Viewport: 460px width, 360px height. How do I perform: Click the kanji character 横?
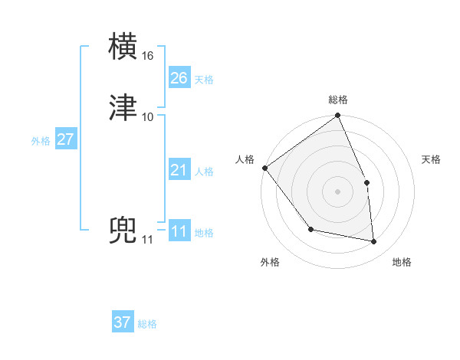(124, 47)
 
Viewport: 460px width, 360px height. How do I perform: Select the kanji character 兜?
(124, 231)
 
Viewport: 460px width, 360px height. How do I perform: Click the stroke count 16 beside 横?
(148, 56)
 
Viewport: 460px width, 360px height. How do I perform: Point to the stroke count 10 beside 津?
(148, 116)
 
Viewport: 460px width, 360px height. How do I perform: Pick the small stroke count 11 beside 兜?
(148, 240)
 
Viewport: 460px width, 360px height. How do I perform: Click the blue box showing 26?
(179, 78)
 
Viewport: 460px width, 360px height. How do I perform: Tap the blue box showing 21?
(179, 170)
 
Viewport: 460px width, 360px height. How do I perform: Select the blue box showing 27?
(66, 139)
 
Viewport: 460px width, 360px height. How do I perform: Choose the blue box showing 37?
(123, 322)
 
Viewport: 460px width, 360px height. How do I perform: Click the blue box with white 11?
(179, 231)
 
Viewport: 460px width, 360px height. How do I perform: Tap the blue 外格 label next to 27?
(41, 141)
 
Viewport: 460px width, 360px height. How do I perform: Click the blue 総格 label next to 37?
(147, 324)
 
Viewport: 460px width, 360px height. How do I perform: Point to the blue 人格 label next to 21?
(204, 172)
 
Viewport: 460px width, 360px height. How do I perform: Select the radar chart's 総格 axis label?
(338, 100)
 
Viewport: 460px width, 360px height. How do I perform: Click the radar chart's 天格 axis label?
(432, 159)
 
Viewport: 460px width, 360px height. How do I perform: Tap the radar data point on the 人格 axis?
(264, 168)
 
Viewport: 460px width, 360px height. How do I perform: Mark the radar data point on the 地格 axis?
(374, 242)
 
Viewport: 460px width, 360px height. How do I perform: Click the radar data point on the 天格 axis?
(366, 182)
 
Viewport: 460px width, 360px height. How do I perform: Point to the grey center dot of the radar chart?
(337, 191)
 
